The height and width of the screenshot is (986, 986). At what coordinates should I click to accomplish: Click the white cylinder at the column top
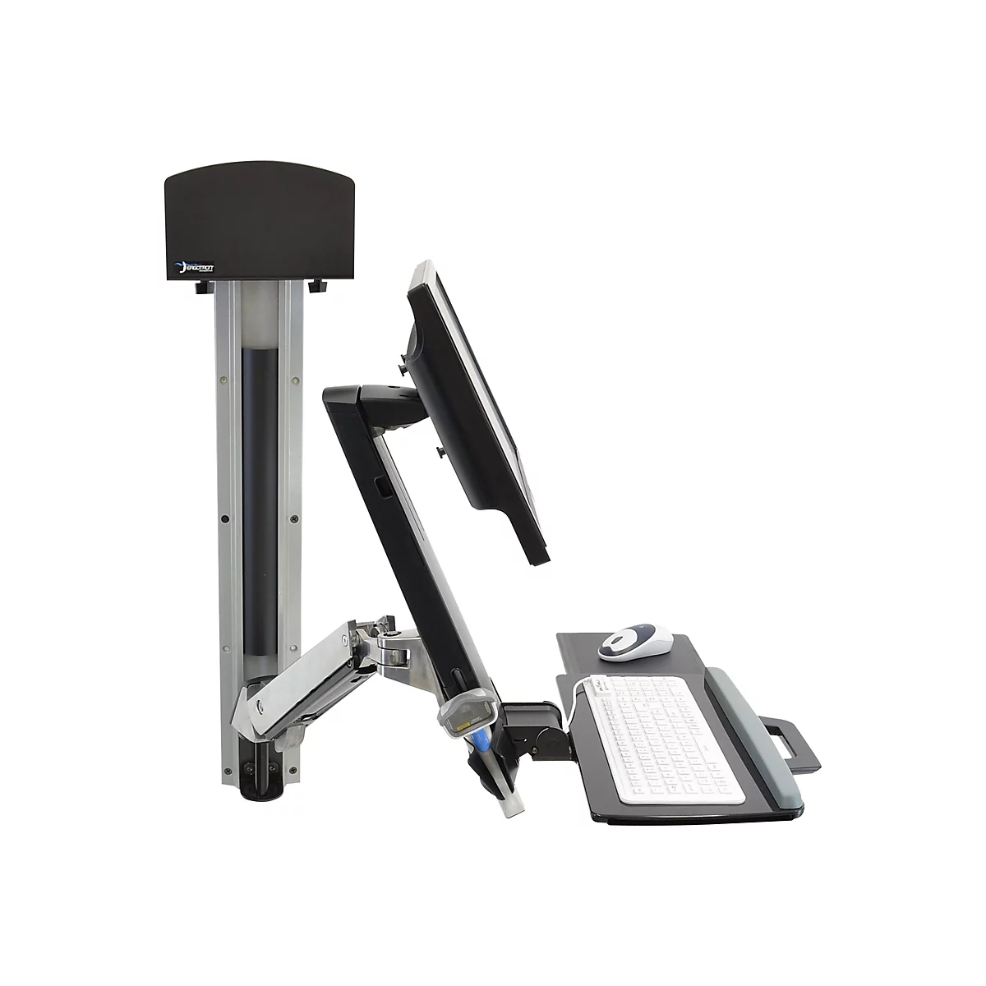(x=265, y=320)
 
